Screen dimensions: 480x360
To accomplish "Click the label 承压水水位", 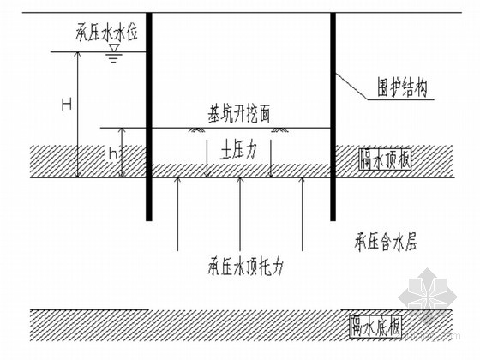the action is coord(106,33).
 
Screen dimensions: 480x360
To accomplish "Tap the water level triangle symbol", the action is coord(115,48).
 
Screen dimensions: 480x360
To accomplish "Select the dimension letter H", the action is coord(67,104).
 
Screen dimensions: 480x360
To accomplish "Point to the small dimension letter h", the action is coord(113,155).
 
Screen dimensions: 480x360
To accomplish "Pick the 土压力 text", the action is coord(239,151).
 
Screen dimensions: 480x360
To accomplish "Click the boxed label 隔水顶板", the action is coord(385,159).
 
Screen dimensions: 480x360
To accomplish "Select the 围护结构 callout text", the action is coord(402,88).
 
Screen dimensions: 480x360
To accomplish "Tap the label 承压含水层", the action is coord(386,242).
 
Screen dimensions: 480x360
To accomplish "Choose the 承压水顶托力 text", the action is coord(245,266).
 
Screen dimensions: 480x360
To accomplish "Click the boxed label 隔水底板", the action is coord(375,327).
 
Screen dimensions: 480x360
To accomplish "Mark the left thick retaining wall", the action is coord(149,117).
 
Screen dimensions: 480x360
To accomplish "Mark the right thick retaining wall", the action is coord(333,117).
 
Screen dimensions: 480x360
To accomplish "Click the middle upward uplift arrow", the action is coord(240,214).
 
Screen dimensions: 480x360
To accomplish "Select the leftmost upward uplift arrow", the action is coord(178,214).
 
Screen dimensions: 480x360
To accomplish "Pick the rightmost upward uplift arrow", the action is coord(303,214).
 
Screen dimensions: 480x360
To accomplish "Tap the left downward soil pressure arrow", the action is coord(207,159).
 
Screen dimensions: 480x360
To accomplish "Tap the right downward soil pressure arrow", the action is coord(271,159).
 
